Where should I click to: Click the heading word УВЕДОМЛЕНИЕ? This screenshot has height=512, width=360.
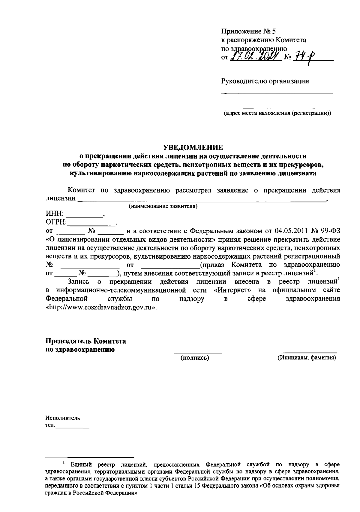tap(193, 147)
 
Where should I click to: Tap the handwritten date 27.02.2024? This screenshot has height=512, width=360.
tap(254, 56)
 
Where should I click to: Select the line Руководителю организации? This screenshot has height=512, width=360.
tap(265, 81)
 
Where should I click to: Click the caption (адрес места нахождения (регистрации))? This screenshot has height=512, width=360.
tap(277, 113)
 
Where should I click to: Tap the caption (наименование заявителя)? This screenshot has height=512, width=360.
tap(163, 206)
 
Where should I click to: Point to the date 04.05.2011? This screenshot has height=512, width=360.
tap(291, 231)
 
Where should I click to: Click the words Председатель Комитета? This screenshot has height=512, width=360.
tap(85, 341)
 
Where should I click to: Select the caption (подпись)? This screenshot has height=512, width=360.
tap(194, 358)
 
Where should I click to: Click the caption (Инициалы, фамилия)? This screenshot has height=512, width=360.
tap(307, 358)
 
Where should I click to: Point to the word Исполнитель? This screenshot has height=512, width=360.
tap(63, 418)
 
